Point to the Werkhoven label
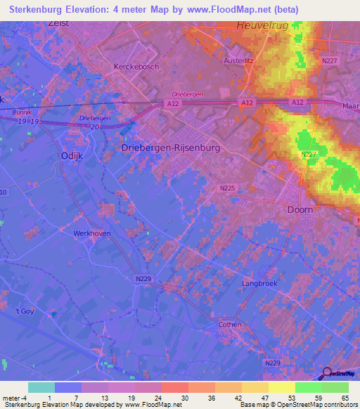[x=92, y=233]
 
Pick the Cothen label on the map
[x=229, y=325]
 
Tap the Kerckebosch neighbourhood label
[x=136, y=67]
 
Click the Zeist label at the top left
[x=59, y=22]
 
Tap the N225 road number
[x=226, y=188]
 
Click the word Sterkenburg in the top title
[x=36, y=9]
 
